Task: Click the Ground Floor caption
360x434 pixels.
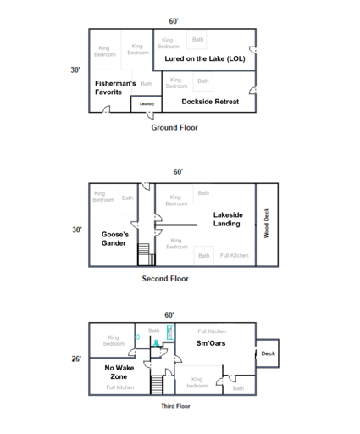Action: [x=174, y=127]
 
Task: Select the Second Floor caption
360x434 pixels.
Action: [x=165, y=278]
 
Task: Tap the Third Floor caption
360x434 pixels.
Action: [x=175, y=406]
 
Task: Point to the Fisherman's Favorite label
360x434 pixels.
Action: [x=115, y=88]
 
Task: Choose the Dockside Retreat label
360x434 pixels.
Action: [x=210, y=101]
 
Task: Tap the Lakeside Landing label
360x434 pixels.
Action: [x=228, y=220]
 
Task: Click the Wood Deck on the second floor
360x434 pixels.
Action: [x=267, y=223]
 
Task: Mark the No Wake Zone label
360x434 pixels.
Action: [x=119, y=372]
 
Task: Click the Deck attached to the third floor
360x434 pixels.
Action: [x=268, y=353]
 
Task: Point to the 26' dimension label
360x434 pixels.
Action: [x=76, y=359]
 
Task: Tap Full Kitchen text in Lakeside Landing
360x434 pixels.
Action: [x=234, y=255]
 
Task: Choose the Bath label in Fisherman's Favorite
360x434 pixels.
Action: [x=147, y=84]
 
